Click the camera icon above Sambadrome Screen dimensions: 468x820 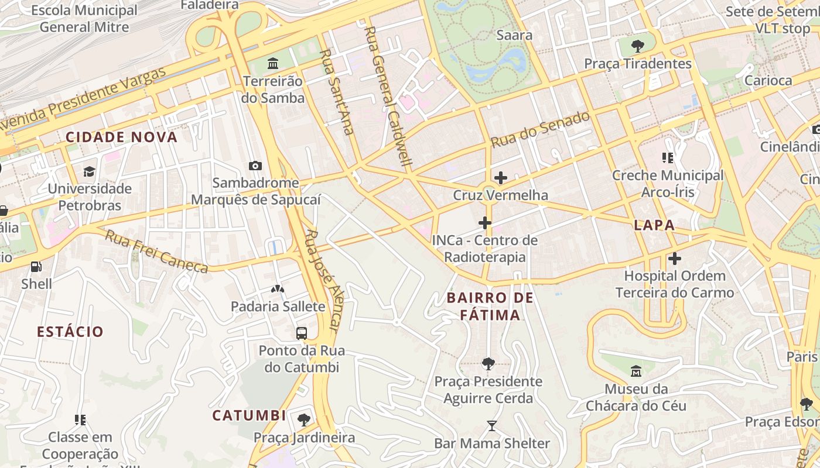coord(255,166)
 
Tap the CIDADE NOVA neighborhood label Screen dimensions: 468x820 coord(121,137)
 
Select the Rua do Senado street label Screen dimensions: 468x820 coord(539,130)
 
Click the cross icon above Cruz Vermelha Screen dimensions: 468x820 coord(500,177)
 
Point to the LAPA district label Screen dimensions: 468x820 coord(654,225)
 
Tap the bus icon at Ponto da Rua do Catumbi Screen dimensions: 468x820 coord(302,333)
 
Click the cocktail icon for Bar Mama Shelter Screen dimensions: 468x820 coord(492,426)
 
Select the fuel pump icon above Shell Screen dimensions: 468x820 coord(36,267)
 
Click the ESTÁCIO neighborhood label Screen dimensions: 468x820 coord(70,332)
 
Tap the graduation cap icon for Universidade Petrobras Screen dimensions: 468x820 coord(89,171)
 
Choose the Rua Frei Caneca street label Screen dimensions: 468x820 coord(156,251)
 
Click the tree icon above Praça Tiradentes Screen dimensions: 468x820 coord(638,46)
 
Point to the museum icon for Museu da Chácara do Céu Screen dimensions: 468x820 coord(636,371)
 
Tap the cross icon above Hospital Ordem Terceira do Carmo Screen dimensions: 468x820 coord(675,258)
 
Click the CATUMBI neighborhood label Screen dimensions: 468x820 coord(249,416)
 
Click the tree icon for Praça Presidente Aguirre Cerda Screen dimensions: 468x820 coord(488,364)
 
